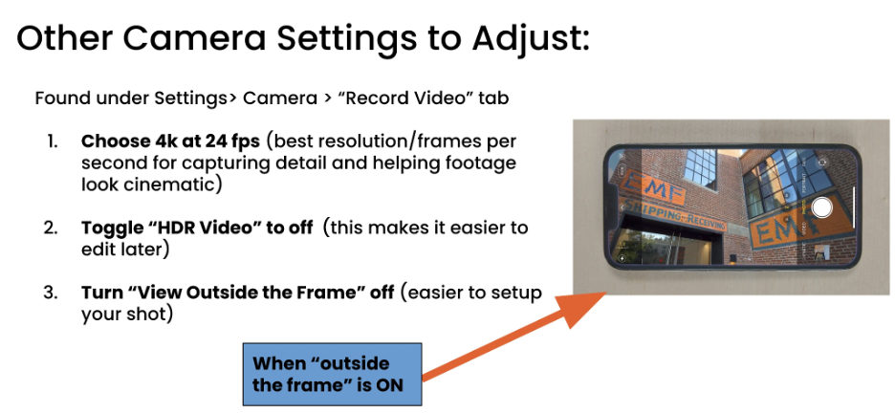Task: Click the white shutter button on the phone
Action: (821, 207)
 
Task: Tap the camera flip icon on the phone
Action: (822, 162)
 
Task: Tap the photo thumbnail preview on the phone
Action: (821, 251)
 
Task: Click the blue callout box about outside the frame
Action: (332, 374)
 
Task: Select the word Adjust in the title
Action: (531, 40)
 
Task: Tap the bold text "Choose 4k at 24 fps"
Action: (170, 141)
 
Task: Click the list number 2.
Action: (51, 228)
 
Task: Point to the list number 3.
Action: (51, 293)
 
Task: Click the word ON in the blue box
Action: (389, 384)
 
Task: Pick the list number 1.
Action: (53, 141)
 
